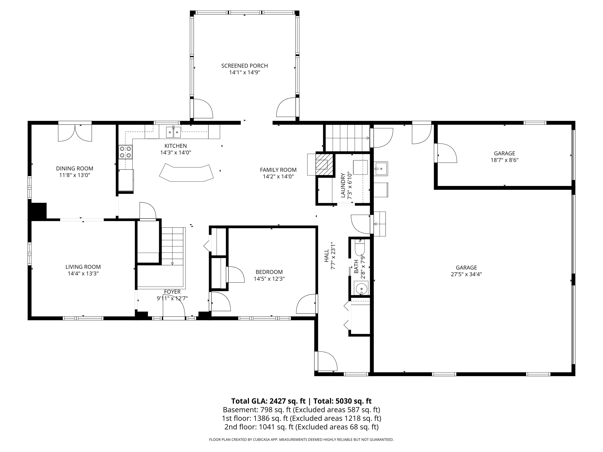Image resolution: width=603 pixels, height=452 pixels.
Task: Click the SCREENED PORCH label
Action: [245, 66]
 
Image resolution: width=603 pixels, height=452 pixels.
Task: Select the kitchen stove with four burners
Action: [125, 152]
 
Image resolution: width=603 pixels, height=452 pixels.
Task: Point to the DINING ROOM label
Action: [75, 168]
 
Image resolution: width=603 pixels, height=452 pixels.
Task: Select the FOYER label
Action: [172, 292]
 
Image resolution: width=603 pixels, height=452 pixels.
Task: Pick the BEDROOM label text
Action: [269, 272]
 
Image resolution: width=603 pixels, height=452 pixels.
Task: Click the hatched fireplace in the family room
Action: [324, 165]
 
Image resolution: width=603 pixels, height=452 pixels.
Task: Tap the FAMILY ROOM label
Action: [278, 170]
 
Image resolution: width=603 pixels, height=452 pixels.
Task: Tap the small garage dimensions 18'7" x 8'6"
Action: [504, 160]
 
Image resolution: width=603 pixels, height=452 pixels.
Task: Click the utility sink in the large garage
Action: [381, 169]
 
